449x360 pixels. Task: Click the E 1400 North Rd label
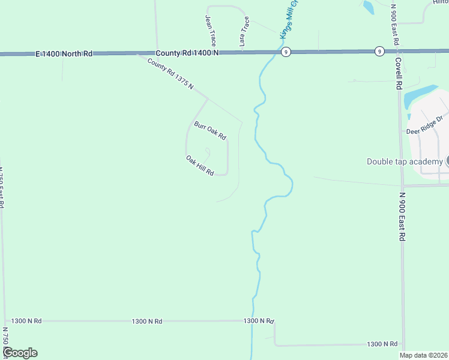(x=64, y=53)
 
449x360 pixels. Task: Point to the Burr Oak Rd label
(x=209, y=131)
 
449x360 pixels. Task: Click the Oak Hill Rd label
(x=200, y=166)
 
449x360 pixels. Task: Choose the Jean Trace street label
(x=211, y=31)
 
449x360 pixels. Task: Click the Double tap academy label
(x=405, y=161)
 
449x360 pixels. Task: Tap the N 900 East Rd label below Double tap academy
(x=402, y=216)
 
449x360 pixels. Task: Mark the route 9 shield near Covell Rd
(x=379, y=51)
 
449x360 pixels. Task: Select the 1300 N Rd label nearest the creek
(x=259, y=321)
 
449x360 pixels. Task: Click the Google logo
(x=20, y=353)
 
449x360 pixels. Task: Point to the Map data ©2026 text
(x=423, y=355)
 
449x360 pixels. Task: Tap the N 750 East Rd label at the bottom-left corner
(x=5, y=342)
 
